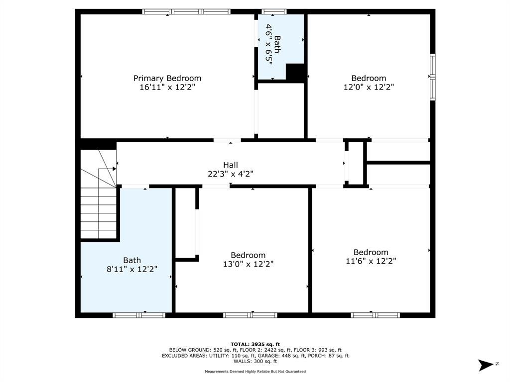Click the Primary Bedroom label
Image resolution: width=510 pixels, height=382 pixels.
pos(167,78)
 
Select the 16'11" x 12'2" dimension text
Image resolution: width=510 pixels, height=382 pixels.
pos(167,87)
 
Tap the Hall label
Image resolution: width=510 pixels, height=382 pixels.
pos(230,165)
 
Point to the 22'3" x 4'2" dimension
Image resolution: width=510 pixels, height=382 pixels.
pos(230,174)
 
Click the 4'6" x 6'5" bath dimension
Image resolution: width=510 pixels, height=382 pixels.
pos(268,44)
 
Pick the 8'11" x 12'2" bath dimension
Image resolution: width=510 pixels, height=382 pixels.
pos(132,269)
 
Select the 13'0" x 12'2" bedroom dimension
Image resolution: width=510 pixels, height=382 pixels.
pos(248,264)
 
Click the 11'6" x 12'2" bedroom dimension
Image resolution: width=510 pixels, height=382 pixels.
pos(371,261)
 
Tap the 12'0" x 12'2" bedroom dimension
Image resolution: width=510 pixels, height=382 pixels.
pos(369,87)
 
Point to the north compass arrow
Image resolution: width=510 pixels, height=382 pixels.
pos(486,365)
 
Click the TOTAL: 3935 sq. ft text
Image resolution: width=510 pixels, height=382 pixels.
pos(255,344)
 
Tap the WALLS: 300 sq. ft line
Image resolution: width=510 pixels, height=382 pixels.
pos(255,361)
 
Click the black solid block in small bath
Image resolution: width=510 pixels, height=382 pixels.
pos(295,72)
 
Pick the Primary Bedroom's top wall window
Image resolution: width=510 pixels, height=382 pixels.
pos(186,12)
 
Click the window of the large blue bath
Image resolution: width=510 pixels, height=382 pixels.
pos(139,315)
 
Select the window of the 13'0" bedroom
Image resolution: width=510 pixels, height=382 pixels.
pos(250,315)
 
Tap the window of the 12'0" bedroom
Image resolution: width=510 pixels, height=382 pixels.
pos(433,77)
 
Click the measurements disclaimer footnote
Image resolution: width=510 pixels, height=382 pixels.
pos(255,371)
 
